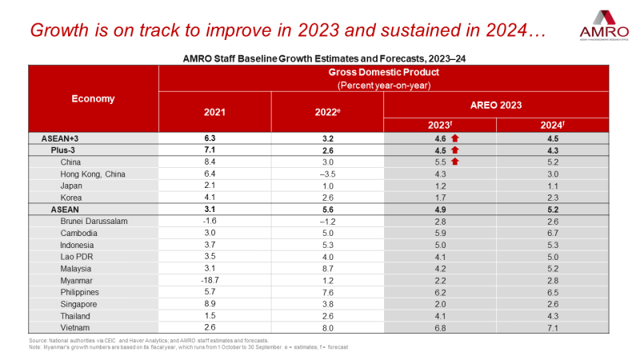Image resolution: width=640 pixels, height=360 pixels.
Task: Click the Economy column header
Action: pyautogui.click(x=93, y=99)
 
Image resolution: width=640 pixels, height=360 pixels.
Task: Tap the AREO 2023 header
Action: pyautogui.click(x=496, y=105)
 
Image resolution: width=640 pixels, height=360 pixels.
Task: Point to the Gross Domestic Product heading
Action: pyautogui.click(x=384, y=73)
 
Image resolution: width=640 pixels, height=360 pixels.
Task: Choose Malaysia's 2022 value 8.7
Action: pyautogui.click(x=328, y=269)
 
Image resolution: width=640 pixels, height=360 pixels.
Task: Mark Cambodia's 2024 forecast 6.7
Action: pyautogui.click(x=553, y=233)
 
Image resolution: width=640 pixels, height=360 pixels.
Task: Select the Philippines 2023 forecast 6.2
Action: pyautogui.click(x=441, y=293)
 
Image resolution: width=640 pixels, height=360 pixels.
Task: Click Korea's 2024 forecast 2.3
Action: pyautogui.click(x=553, y=197)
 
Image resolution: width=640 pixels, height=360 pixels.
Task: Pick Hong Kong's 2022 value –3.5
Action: pyautogui.click(x=328, y=173)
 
